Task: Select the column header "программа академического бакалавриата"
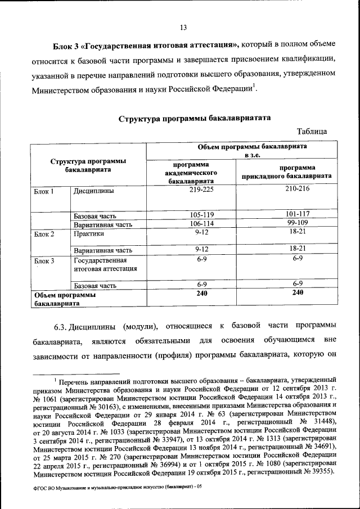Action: click(x=191, y=174)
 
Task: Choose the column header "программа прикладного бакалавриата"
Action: click(x=286, y=172)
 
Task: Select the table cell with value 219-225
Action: click(x=191, y=190)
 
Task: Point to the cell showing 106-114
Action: click(x=191, y=224)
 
